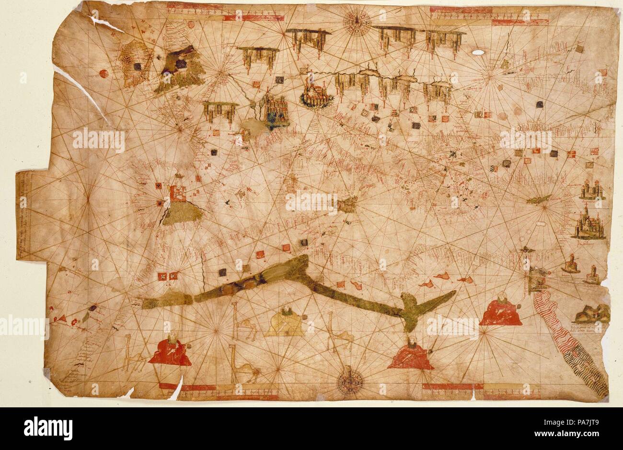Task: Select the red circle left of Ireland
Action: pyautogui.click(x=103, y=74)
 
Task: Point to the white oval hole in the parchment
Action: pyautogui.click(x=478, y=52)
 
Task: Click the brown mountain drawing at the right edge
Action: pyautogui.click(x=592, y=314)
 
